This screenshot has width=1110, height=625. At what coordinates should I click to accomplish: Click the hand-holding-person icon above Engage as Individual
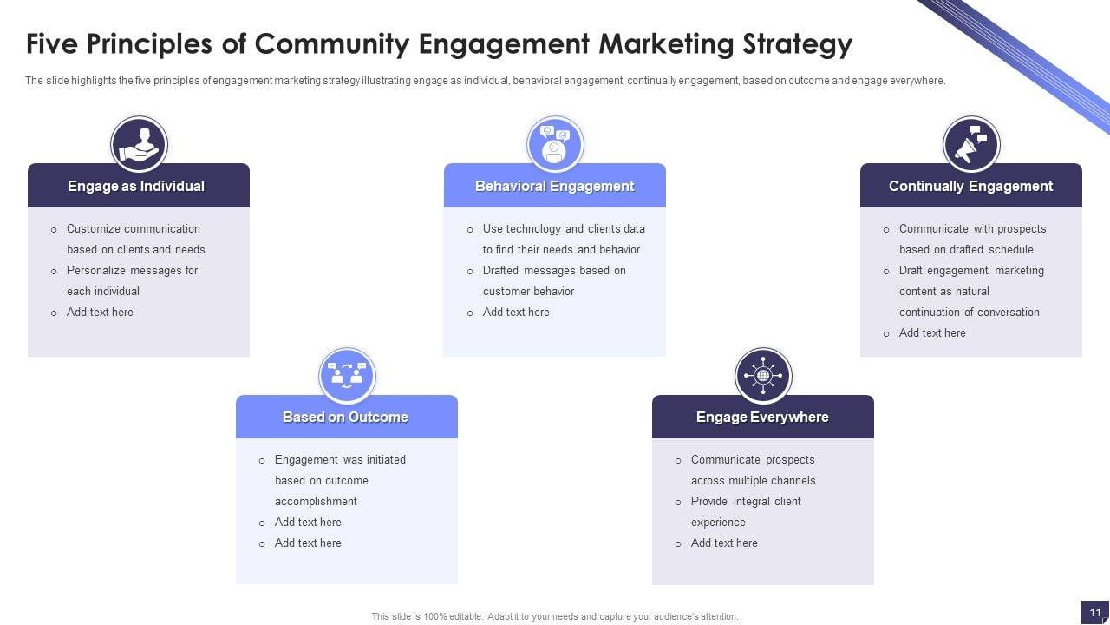pos(139,144)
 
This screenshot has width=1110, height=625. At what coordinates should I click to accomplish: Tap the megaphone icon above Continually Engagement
pos(971,144)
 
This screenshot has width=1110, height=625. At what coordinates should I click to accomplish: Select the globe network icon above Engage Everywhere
pos(763,376)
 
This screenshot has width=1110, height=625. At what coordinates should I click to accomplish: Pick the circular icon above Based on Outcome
pos(347,376)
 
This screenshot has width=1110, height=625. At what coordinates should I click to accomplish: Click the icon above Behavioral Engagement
pos(555,144)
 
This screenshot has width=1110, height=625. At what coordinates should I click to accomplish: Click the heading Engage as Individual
pos(136,186)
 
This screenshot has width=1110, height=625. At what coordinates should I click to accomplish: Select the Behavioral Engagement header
pos(555,186)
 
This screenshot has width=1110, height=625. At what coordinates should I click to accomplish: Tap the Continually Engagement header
pos(970,186)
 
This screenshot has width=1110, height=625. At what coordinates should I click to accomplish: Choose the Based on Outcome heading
pos(345,417)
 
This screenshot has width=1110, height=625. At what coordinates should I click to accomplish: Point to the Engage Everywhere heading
pos(762,417)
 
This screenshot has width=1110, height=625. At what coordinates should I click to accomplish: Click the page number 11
pos(1095,612)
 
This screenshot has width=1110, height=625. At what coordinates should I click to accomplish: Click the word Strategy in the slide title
pos(798,43)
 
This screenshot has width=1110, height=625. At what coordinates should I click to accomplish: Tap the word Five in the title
pos(54,43)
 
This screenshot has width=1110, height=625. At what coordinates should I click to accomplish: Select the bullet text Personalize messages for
pos(133,271)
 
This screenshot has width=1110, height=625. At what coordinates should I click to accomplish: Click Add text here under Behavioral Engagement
pos(516,312)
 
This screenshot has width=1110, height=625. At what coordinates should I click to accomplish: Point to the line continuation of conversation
pos(970,312)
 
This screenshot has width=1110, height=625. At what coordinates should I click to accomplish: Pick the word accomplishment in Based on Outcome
pos(316,502)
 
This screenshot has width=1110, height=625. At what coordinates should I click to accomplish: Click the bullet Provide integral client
pos(746,502)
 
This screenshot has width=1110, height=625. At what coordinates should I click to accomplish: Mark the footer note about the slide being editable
pos(555,616)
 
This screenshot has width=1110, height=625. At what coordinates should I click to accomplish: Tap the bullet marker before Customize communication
pos(54,230)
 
